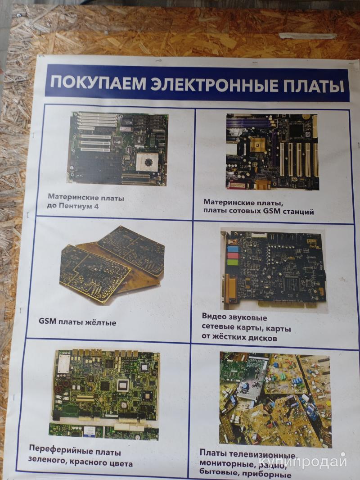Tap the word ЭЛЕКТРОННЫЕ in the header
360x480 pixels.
click(214, 84)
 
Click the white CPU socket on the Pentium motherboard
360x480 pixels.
click(148, 162)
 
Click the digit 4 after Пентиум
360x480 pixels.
click(96, 206)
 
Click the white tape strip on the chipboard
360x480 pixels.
click(308, 36)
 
